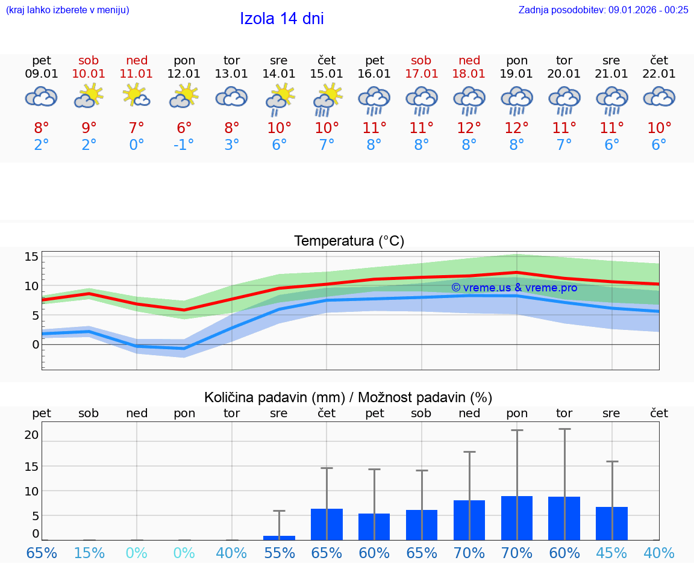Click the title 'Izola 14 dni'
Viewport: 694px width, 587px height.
pos(282,19)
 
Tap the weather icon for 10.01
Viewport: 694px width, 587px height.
pos(89,96)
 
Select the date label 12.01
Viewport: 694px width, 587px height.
pos(184,74)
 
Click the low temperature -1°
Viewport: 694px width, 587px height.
pos(184,145)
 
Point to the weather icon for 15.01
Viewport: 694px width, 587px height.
pos(327,99)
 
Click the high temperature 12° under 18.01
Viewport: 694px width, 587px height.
pos(469,128)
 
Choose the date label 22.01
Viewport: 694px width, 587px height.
pos(659,74)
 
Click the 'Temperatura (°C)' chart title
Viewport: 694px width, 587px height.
pos(349,241)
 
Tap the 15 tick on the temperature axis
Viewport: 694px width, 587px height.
pos(31,257)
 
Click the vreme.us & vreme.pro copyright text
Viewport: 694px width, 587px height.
pos(514,288)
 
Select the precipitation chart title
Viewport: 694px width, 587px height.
pos(348,397)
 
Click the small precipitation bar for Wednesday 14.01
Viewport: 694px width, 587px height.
pos(279,538)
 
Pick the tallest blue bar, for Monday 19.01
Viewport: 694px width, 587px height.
pos(517,518)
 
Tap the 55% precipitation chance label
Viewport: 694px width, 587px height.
pos(279,553)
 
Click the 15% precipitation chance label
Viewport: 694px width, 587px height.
pos(89,553)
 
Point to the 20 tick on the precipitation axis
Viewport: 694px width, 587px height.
pos(31,435)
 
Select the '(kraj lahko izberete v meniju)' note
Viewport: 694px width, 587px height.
pos(67,10)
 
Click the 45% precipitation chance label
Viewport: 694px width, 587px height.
pos(611,553)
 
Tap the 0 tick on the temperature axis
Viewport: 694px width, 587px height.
pos(36,344)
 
